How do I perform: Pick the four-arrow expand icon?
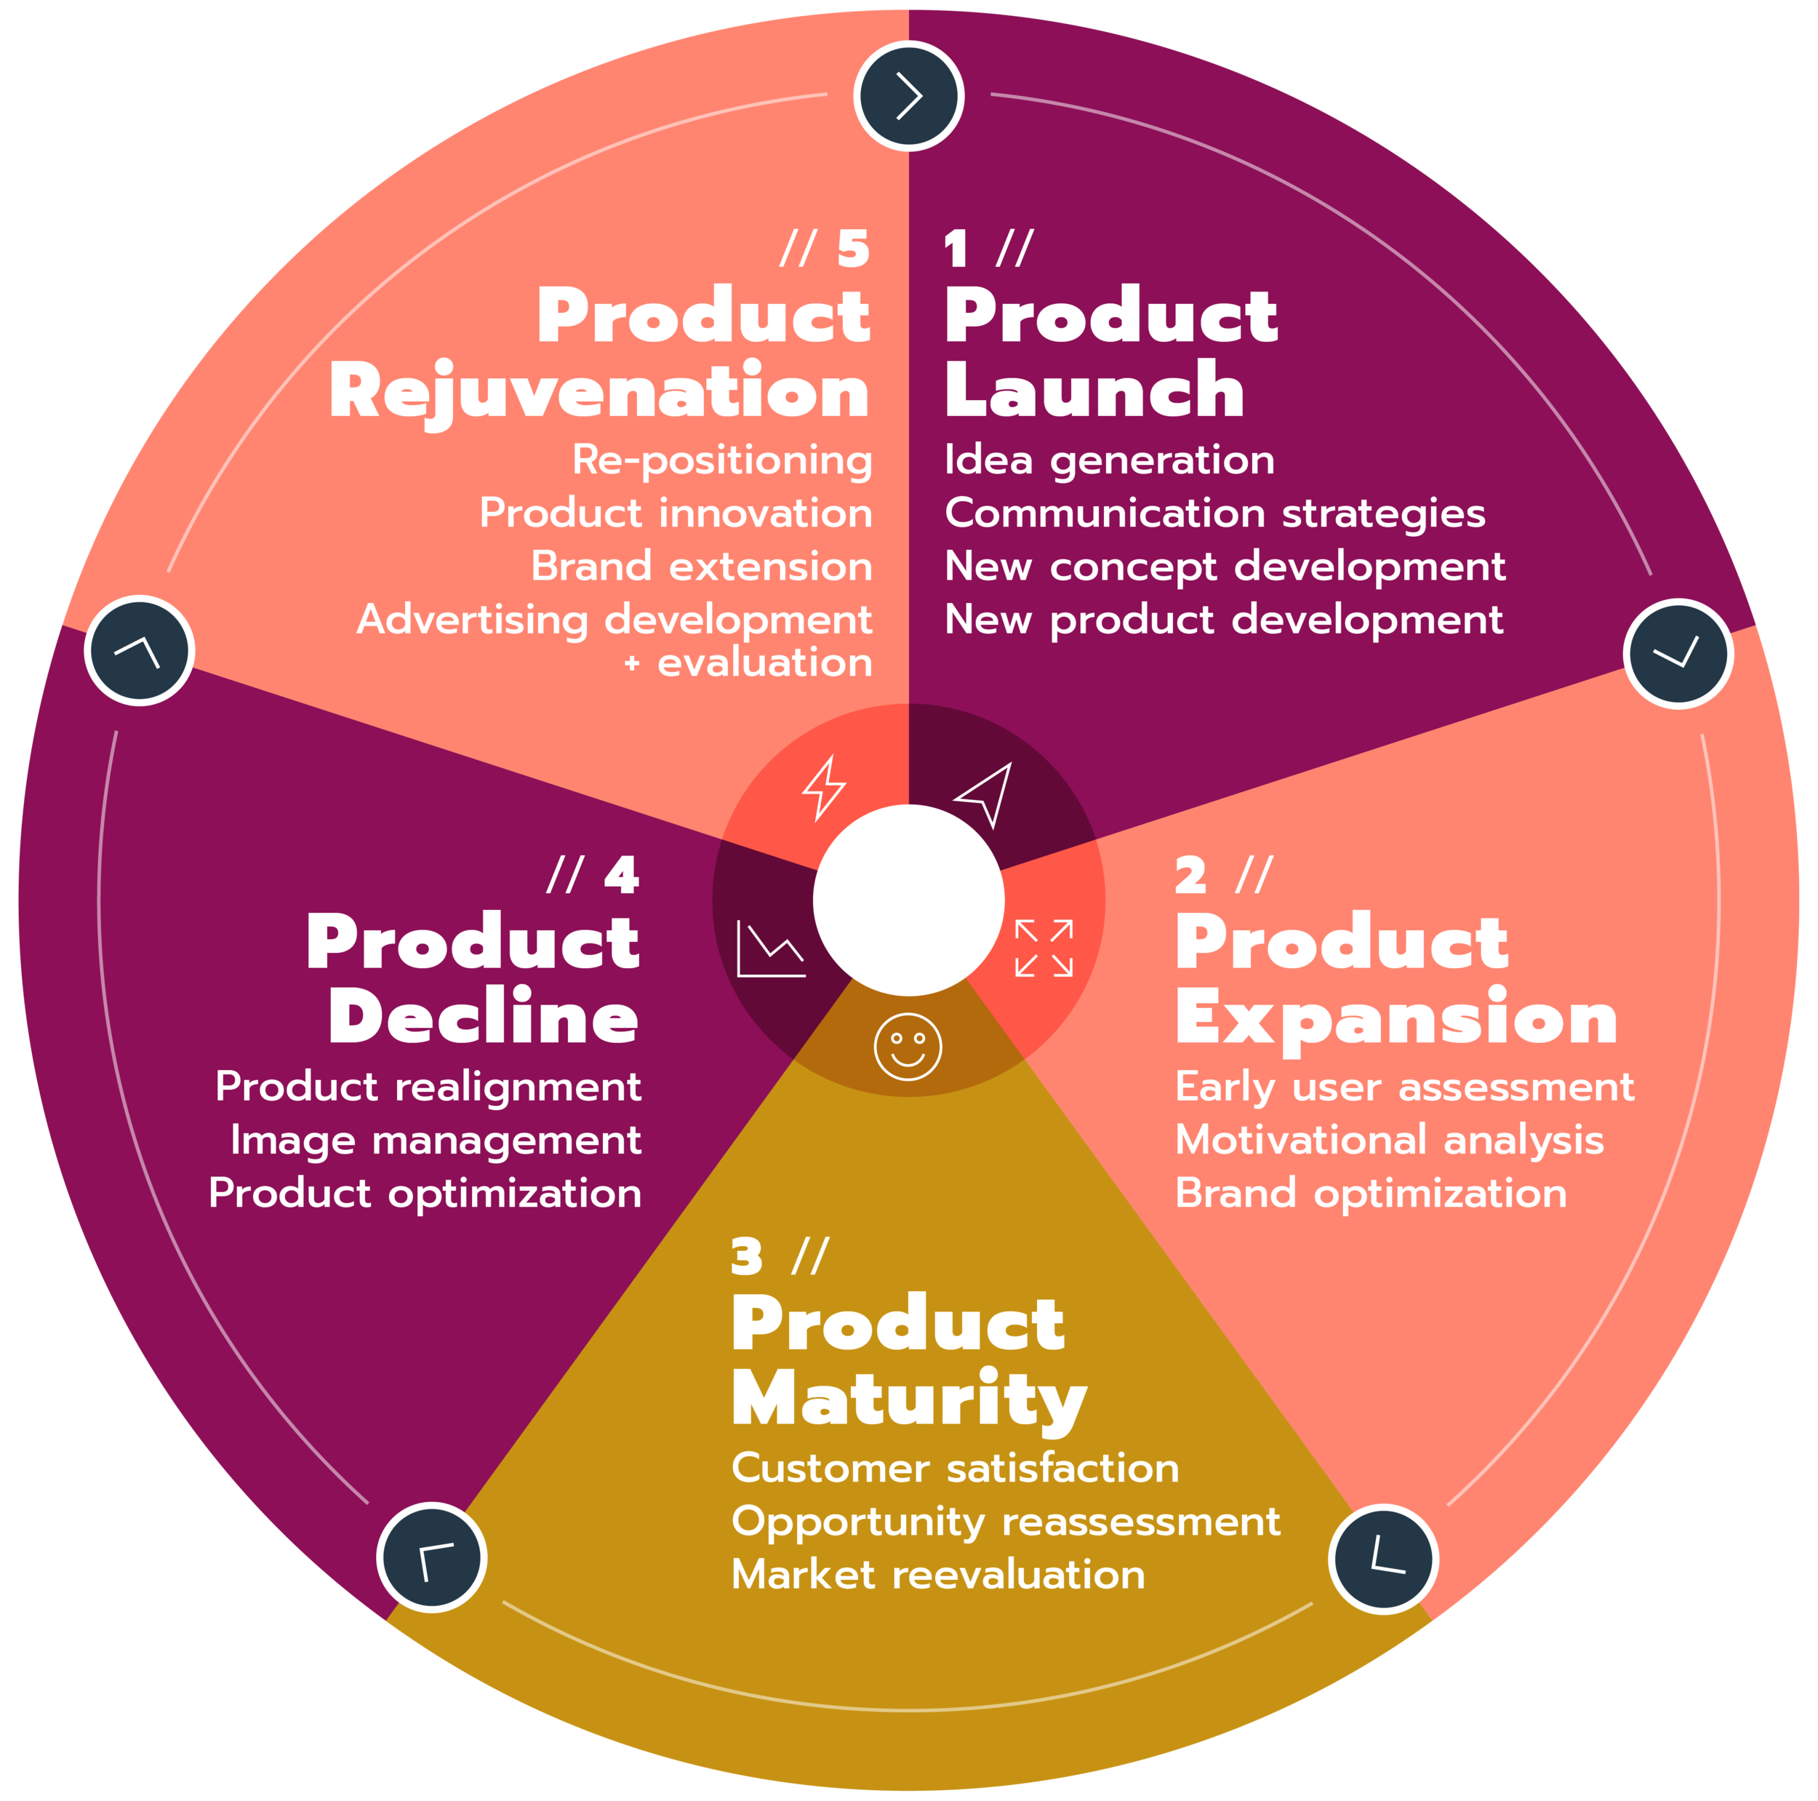[1044, 948]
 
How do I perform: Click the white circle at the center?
[908, 900]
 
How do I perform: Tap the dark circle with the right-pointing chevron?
[908, 95]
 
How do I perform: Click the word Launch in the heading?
[1094, 390]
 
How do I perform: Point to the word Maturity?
[908, 1400]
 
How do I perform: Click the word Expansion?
[1396, 1018]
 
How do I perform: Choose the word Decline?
[484, 1018]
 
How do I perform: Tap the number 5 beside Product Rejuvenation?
[852, 249]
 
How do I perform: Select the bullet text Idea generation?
[1108, 460]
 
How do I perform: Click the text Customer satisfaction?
[954, 1469]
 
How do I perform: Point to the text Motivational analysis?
[1389, 1140]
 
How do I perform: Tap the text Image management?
[436, 1140]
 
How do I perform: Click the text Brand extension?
[701, 567]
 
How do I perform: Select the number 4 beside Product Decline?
[621, 876]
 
